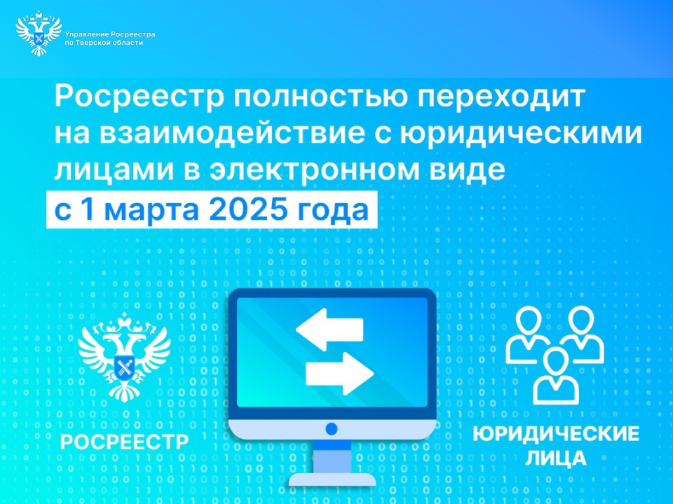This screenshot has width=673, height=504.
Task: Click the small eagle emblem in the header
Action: click(x=39, y=34)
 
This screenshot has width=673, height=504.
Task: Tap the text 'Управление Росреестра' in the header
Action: click(x=110, y=34)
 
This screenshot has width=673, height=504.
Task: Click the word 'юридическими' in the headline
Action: click(x=521, y=134)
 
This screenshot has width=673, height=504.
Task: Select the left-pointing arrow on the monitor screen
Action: click(x=329, y=329)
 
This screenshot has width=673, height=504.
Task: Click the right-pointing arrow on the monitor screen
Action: click(x=339, y=373)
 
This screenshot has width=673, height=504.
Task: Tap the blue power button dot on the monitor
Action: click(x=332, y=428)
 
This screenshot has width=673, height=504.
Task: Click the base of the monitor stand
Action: click(x=332, y=479)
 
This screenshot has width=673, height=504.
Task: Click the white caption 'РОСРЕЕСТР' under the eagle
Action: click(x=125, y=442)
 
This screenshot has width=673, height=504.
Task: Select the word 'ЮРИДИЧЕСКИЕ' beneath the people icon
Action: click(x=556, y=434)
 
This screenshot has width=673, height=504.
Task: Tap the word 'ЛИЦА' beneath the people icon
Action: click(x=556, y=458)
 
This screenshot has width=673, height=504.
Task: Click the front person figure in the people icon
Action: click(x=556, y=375)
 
